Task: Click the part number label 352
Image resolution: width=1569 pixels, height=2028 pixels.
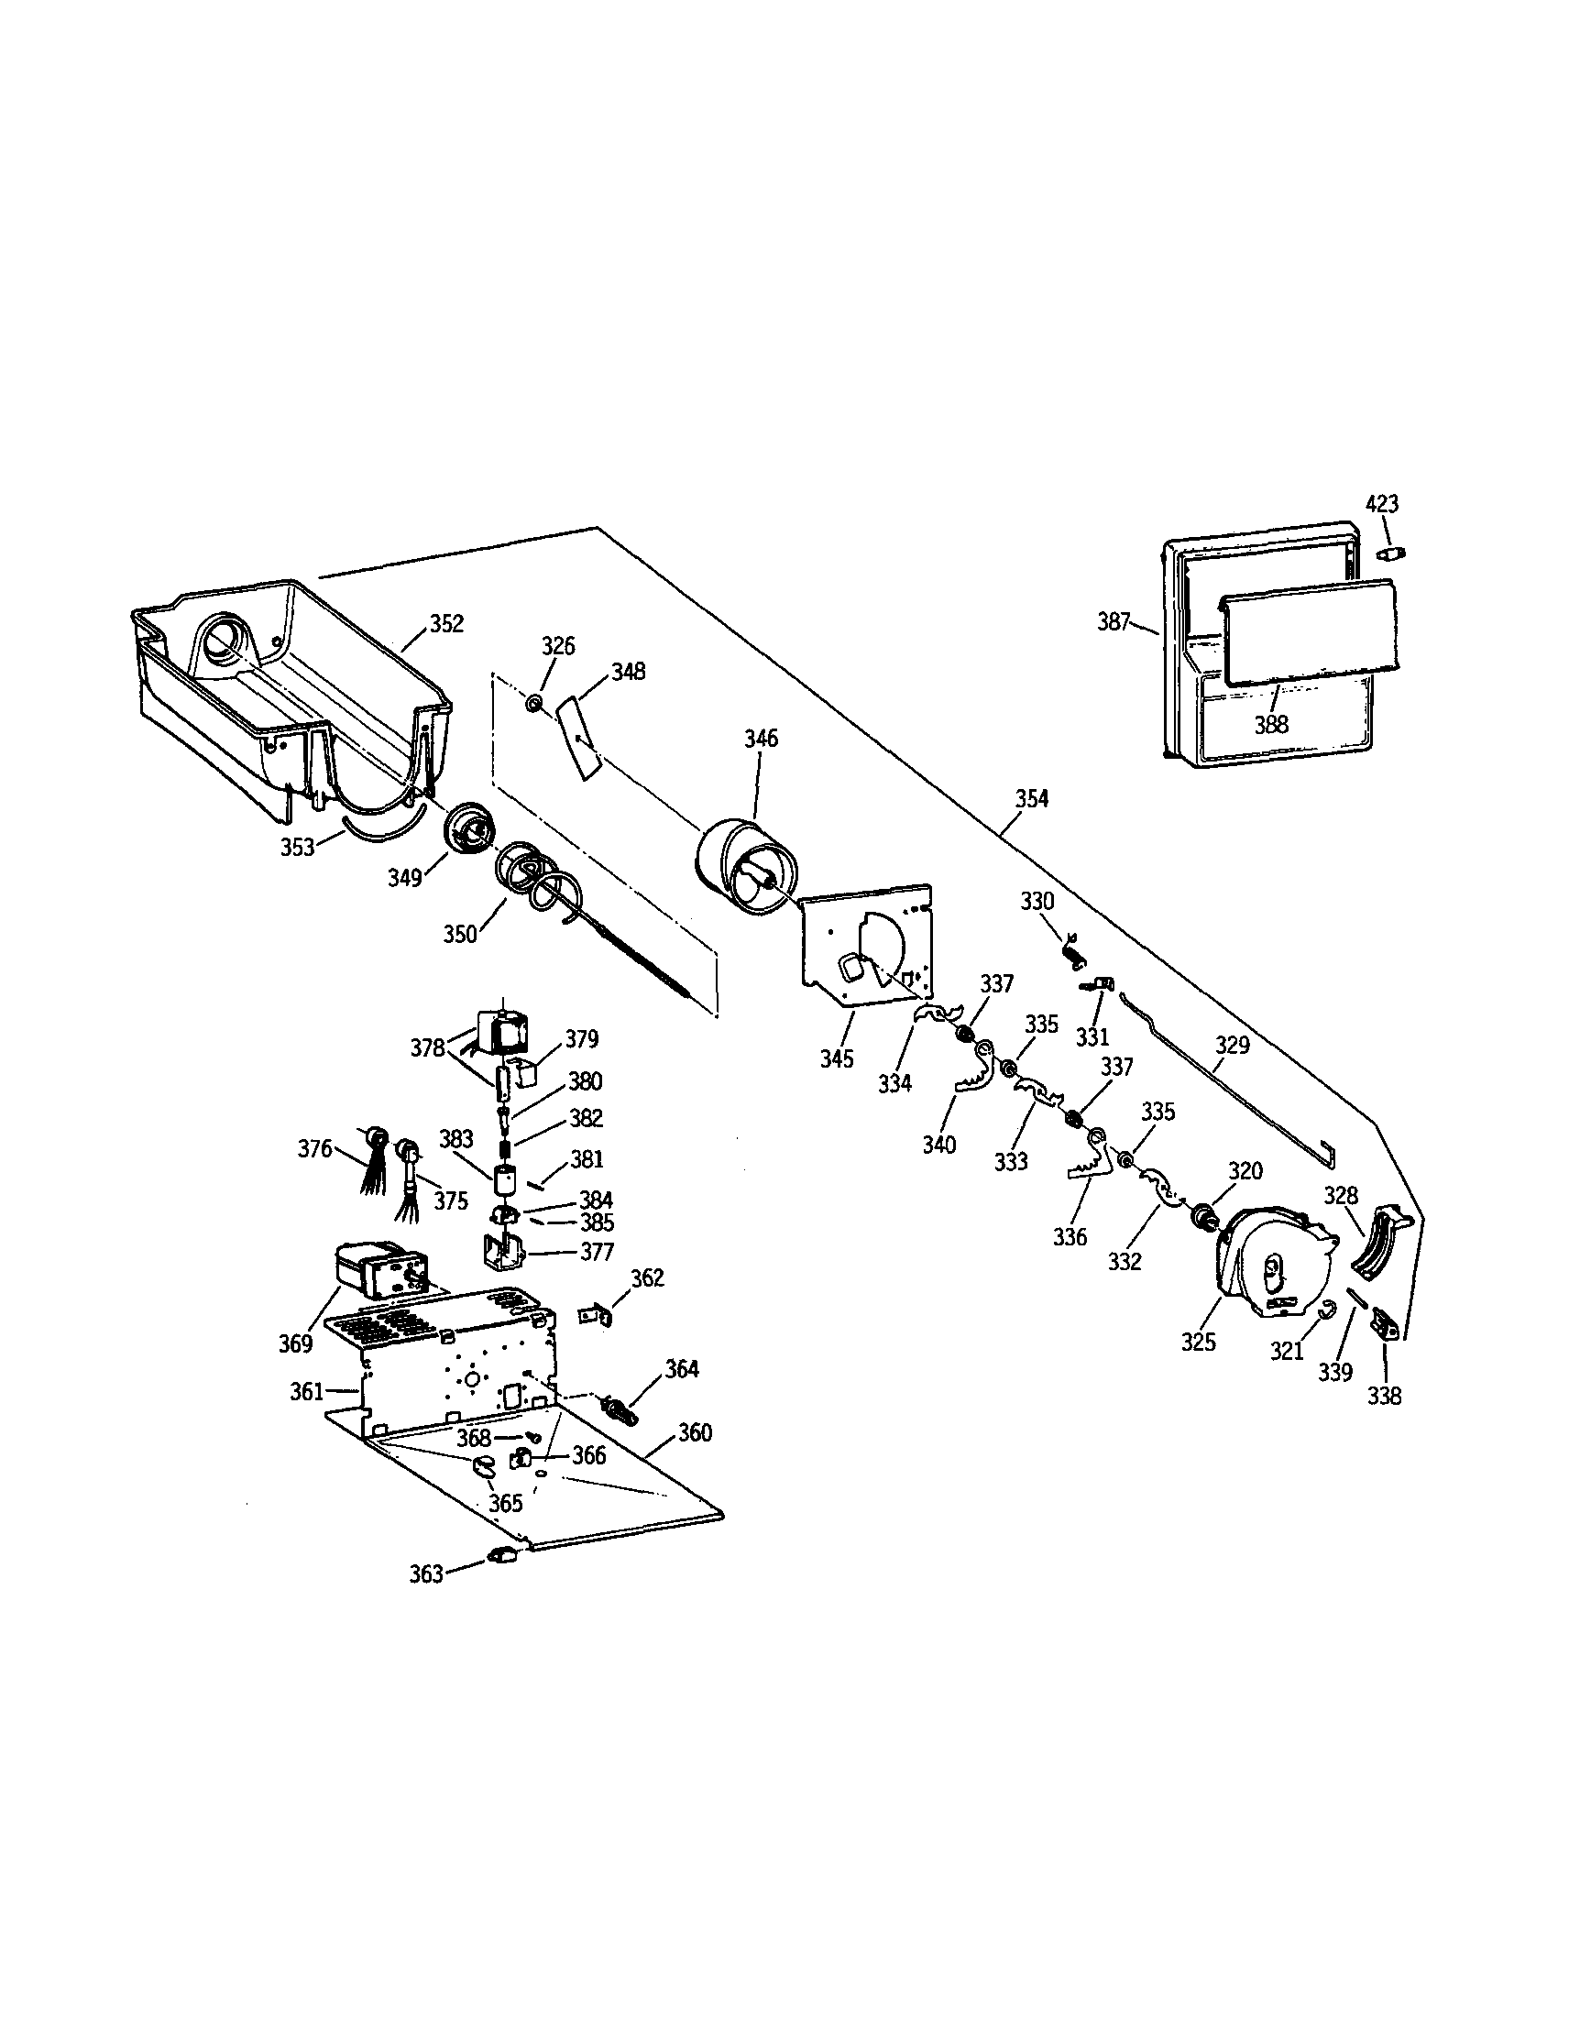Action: [x=446, y=624]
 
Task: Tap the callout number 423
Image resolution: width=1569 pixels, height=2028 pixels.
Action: [x=1381, y=504]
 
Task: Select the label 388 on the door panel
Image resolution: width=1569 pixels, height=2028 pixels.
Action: [x=1271, y=724]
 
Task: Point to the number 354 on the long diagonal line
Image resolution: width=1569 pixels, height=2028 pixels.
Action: [x=1031, y=798]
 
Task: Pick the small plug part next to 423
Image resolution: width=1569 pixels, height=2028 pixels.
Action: [x=1389, y=554]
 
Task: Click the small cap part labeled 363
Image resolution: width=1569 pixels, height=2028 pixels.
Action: [x=501, y=1554]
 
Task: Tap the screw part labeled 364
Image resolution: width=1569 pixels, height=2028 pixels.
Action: [x=620, y=1412]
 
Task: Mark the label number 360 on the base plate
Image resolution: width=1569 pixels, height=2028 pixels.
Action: [x=694, y=1432]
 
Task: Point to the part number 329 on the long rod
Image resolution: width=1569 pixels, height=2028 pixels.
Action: [x=1232, y=1045]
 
